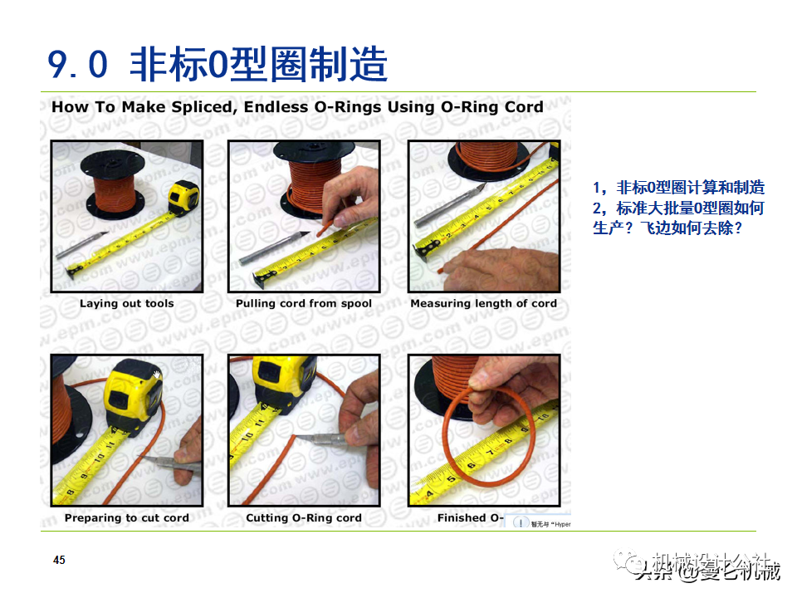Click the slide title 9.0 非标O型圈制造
click(x=218, y=64)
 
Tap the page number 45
click(x=59, y=561)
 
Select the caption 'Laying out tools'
click(x=126, y=304)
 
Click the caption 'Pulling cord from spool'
click(x=304, y=304)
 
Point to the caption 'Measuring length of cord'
click(x=483, y=304)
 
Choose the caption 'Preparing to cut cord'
click(x=126, y=518)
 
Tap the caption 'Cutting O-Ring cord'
click(x=304, y=518)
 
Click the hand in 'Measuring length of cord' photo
click(x=498, y=267)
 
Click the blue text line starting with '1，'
click(x=678, y=188)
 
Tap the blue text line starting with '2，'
click(x=678, y=208)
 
